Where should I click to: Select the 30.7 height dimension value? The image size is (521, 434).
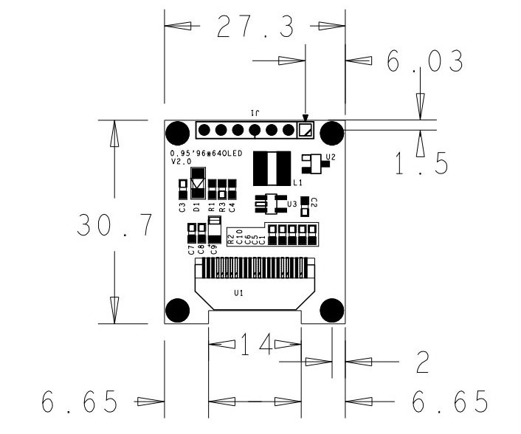point(115,225)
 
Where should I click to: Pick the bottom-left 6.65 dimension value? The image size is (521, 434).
point(80,402)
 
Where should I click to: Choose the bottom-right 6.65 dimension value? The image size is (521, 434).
point(449,402)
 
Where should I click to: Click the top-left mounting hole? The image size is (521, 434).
point(177,133)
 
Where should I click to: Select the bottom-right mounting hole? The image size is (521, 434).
point(332,311)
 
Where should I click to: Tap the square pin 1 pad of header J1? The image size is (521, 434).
point(305,131)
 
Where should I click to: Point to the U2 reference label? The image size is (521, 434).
point(330,157)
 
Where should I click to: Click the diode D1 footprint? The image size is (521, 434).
point(197,182)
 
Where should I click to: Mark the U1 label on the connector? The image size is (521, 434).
point(238,293)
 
